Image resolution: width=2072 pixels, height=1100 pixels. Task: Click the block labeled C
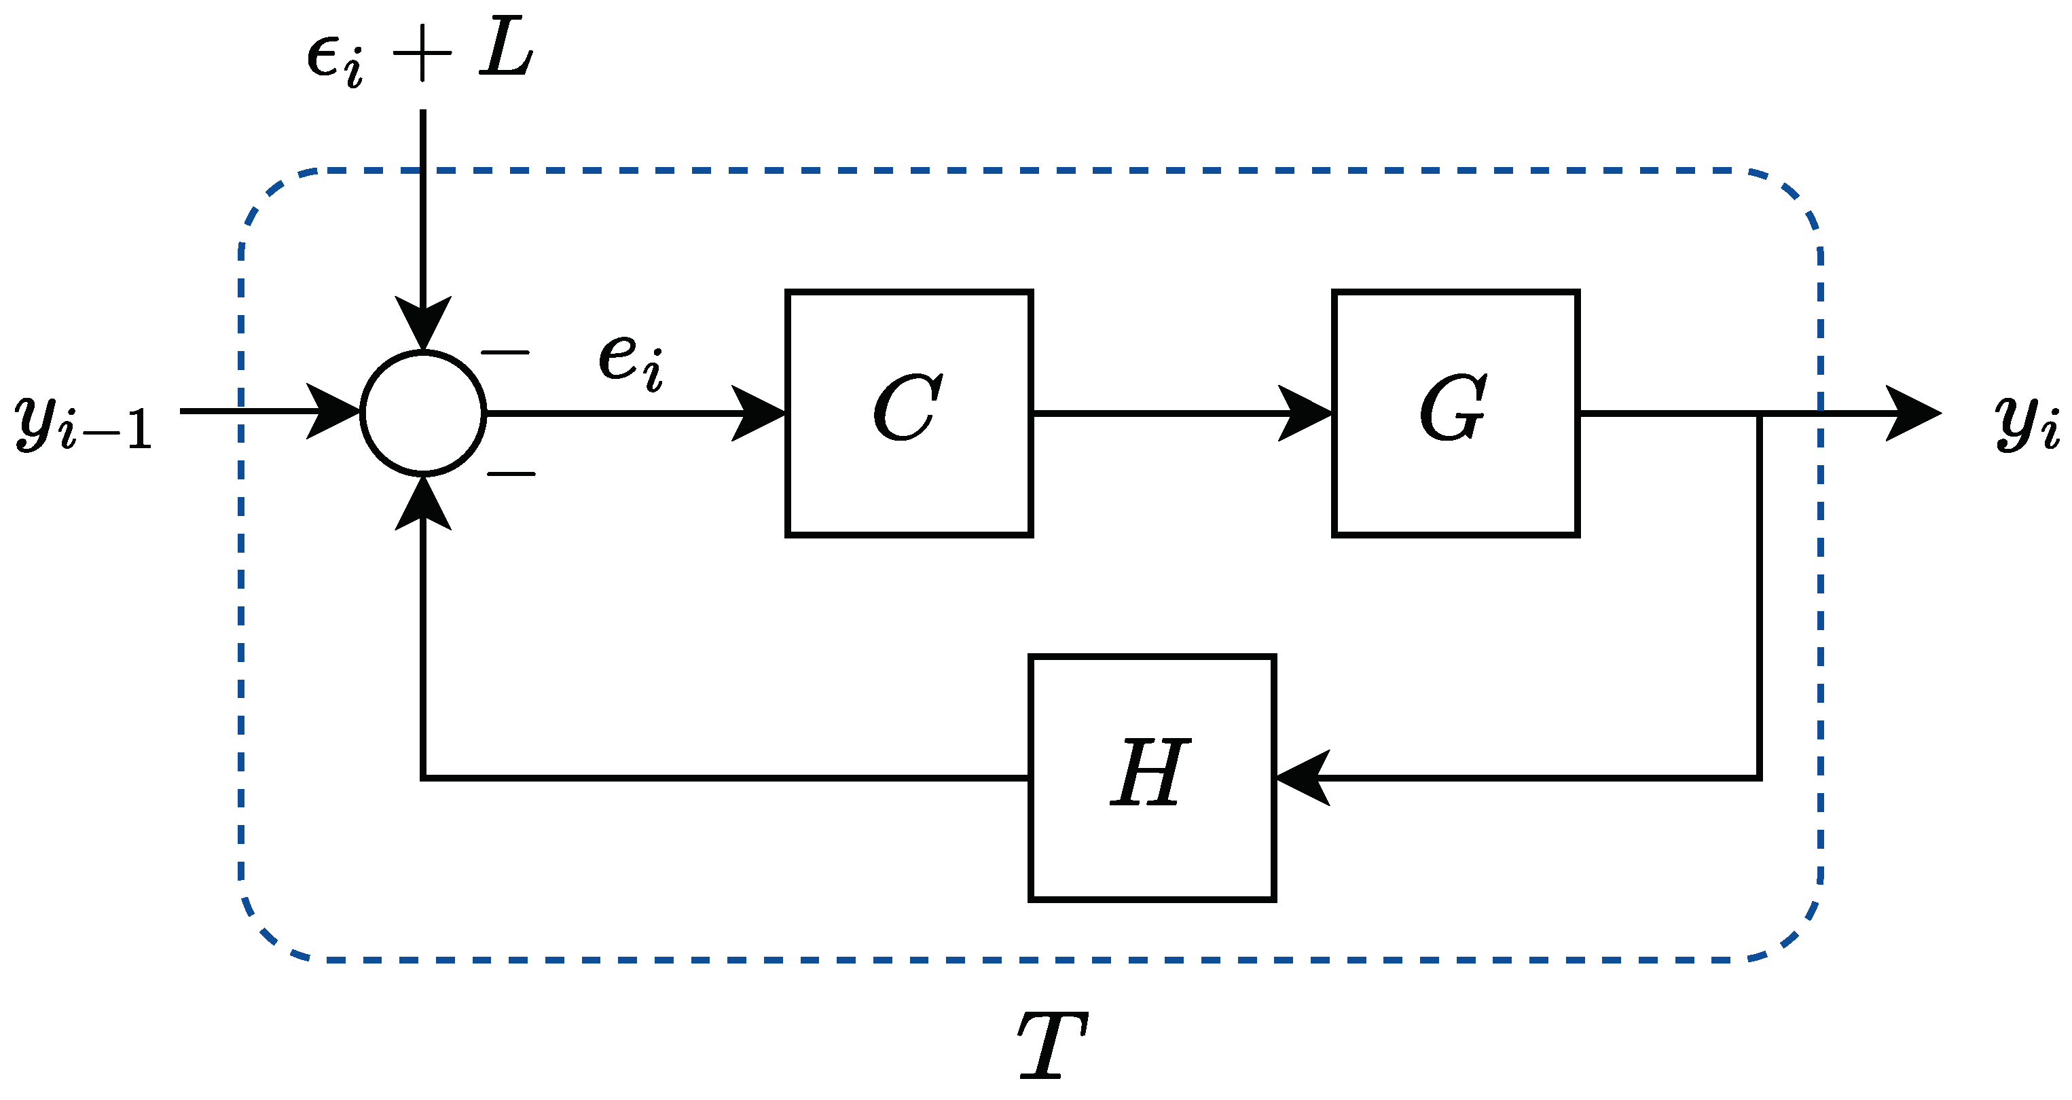pos(909,414)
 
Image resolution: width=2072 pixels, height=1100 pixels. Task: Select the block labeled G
pos(1456,414)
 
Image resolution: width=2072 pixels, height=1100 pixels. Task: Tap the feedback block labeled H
pos(1152,778)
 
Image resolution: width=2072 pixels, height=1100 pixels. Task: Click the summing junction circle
pos(423,414)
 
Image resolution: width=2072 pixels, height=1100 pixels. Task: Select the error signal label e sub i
pos(632,362)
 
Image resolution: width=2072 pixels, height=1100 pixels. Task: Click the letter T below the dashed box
pos(1052,1045)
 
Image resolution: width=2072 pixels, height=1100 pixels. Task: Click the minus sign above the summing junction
pos(505,352)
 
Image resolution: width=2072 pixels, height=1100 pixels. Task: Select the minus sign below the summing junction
pos(511,474)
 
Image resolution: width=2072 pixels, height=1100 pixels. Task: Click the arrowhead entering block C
pos(760,414)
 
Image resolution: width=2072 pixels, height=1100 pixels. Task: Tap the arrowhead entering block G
pos(1307,414)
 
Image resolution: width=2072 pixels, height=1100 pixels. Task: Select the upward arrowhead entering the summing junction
pos(423,503)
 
